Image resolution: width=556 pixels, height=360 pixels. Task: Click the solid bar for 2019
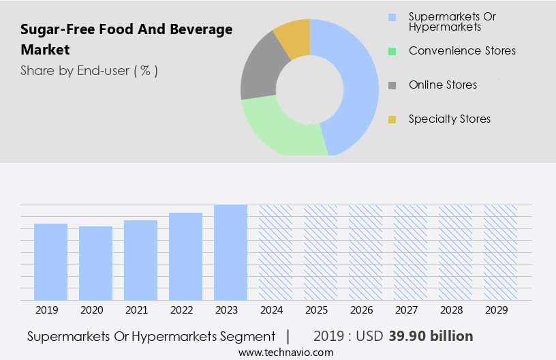pos(51,262)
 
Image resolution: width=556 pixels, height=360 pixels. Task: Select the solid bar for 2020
pos(96,263)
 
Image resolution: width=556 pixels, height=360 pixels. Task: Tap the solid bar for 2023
pos(230,252)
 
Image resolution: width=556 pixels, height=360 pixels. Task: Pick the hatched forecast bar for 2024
pos(275,252)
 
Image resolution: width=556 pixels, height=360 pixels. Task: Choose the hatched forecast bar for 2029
pos(500,252)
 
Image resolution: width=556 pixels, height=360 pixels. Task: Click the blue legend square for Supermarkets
pos(392,17)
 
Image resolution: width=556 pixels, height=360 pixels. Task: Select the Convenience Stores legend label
pos(462,50)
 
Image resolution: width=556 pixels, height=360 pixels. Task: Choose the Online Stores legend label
pos(443,85)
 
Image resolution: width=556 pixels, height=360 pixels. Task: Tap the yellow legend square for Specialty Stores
pos(392,120)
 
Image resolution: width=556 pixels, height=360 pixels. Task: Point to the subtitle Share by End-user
pos(89,70)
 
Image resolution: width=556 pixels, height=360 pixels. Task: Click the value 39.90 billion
pos(431,336)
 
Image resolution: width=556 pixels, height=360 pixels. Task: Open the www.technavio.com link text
pos(286,352)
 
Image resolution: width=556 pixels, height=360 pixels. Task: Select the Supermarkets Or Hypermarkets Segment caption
pos(151,336)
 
